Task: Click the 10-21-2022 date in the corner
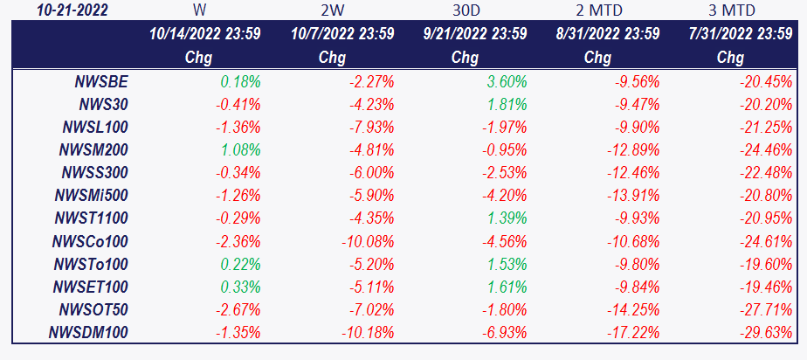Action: coord(72,10)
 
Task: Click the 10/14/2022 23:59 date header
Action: coord(205,34)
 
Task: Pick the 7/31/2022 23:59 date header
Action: coord(741,34)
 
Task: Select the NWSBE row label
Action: coord(102,81)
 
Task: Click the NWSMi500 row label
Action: coord(92,196)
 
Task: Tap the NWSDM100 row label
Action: coord(88,333)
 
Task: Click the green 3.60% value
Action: coord(504,81)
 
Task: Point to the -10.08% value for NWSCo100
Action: coord(368,241)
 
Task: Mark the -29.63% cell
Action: coord(766,333)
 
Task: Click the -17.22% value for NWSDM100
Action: coord(633,333)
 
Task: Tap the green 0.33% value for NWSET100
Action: coord(241,287)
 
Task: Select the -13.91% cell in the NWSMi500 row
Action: coord(633,196)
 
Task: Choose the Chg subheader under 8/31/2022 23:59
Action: coord(597,58)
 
